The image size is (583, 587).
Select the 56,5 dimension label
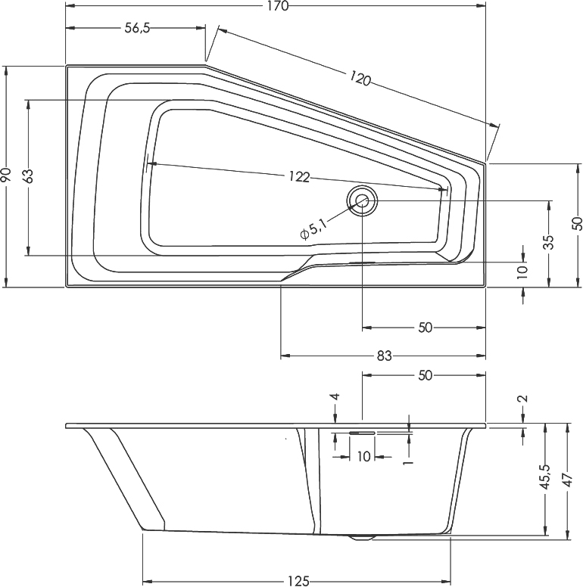pyautogui.click(x=137, y=28)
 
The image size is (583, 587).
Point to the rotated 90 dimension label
pyautogui.click(x=6, y=175)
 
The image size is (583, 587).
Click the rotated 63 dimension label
pyautogui.click(x=29, y=176)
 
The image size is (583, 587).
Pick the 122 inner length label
pyautogui.click(x=299, y=177)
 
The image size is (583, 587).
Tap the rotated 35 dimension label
pyautogui.click(x=549, y=242)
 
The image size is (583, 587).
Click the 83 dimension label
pyautogui.click(x=385, y=356)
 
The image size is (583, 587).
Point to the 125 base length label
pyautogui.click(x=298, y=580)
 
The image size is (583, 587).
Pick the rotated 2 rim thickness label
pyautogui.click(x=524, y=399)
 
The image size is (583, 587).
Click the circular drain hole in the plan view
pyautogui.click(x=362, y=200)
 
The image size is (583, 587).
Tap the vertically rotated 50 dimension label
pyautogui.click(x=577, y=223)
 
